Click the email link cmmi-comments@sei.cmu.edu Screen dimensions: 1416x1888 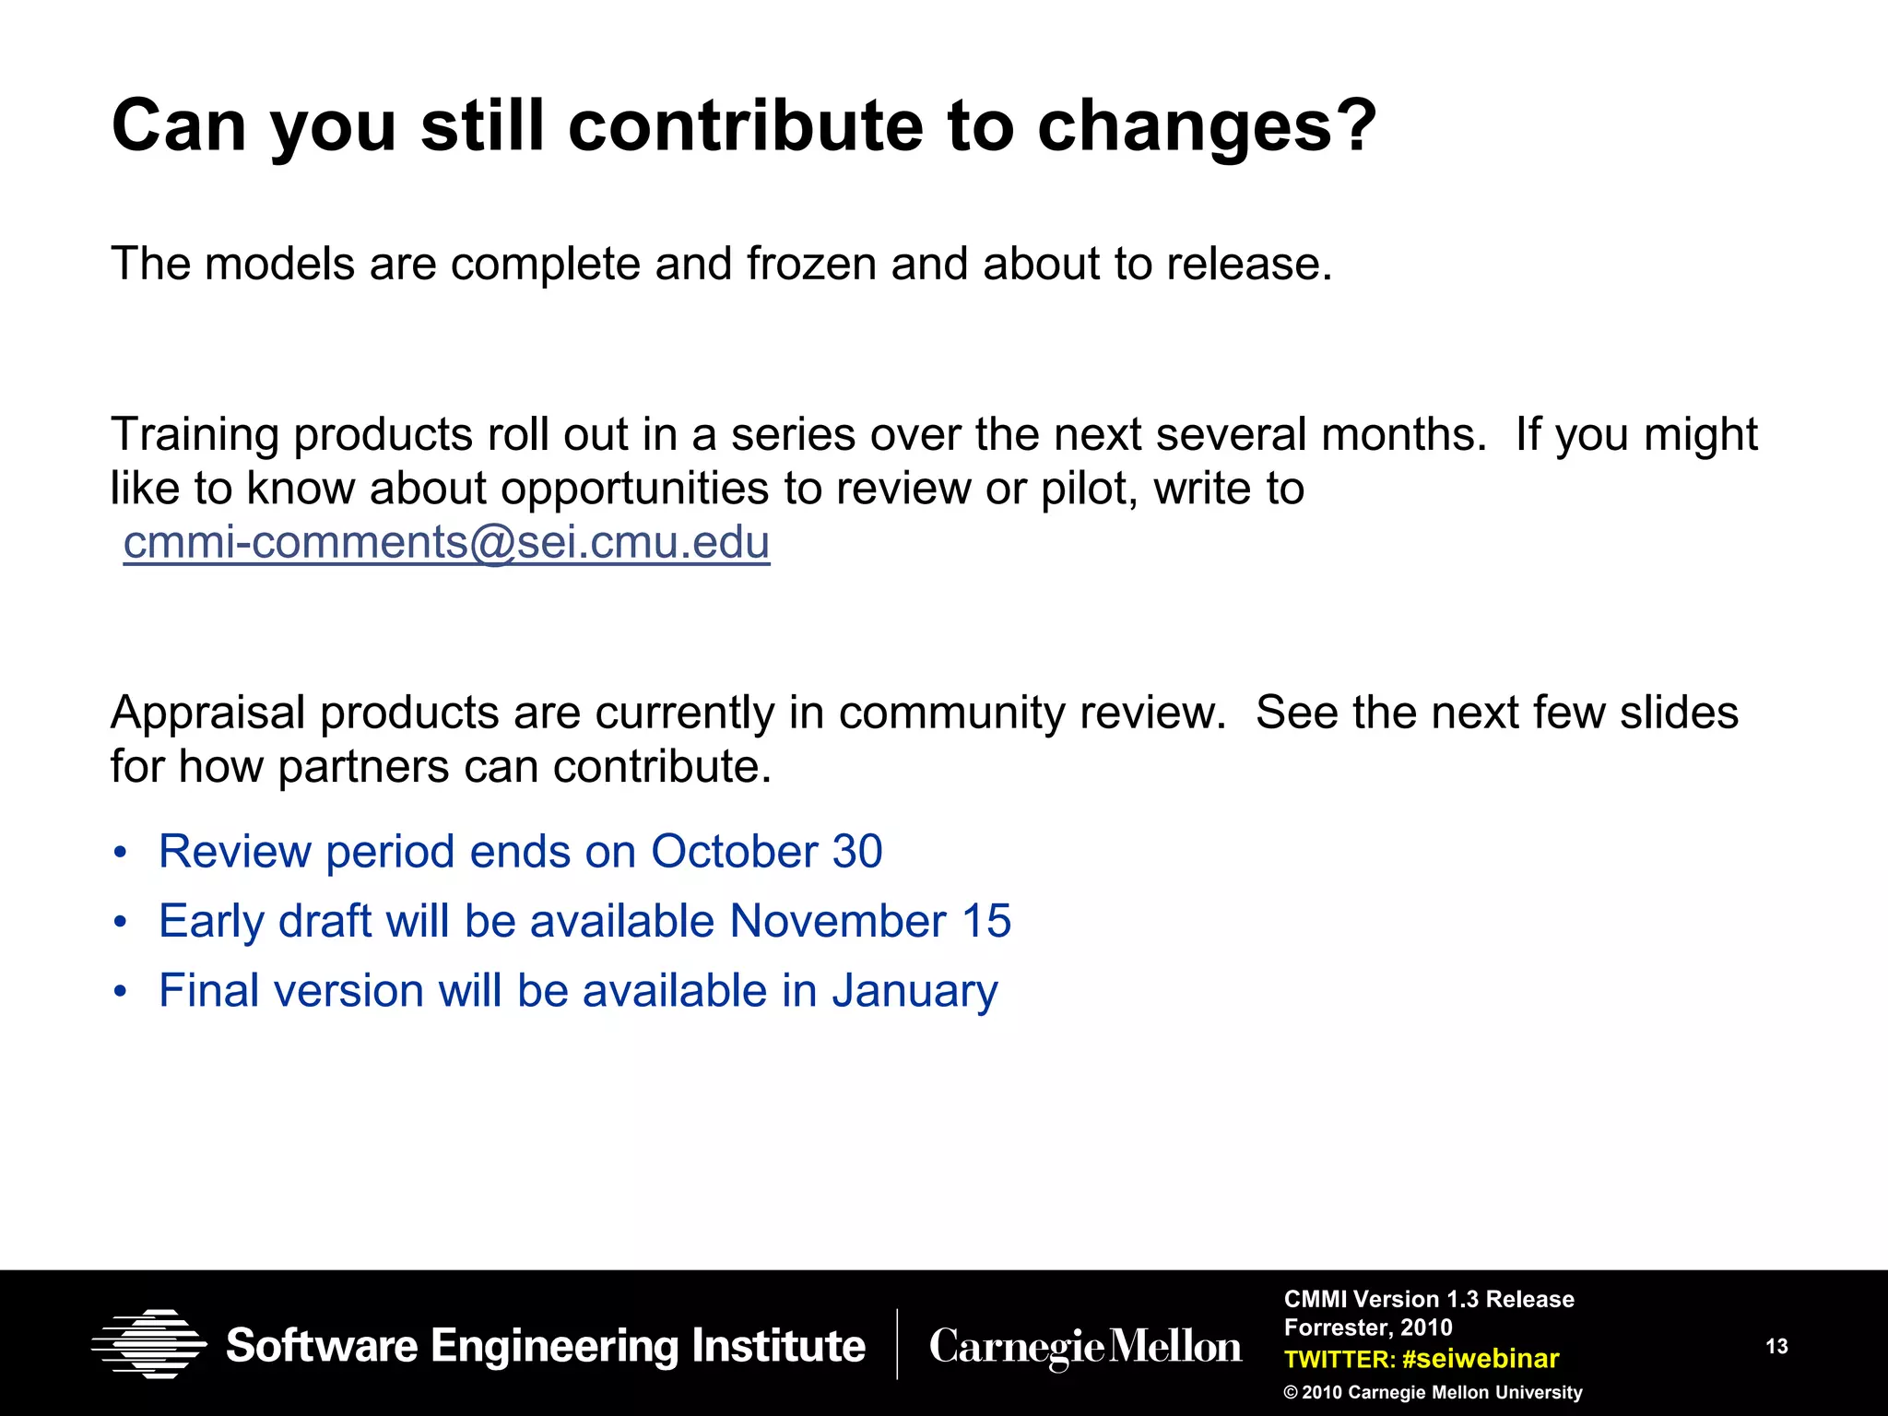pos(446,542)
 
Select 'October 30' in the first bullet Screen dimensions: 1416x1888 pos(766,851)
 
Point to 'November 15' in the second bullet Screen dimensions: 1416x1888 pos(870,921)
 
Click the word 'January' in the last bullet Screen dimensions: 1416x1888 pos(914,991)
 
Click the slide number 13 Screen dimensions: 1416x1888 pos(1776,1347)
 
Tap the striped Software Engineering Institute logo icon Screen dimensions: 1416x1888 pos(149,1344)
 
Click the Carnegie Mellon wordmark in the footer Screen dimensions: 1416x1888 pos(1085,1347)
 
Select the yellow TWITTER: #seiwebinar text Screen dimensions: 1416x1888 pos(1421,1359)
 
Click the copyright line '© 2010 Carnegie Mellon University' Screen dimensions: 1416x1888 pos(1433,1393)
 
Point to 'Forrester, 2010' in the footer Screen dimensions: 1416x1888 pos(1368,1327)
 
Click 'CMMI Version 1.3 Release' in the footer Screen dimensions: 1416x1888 pos(1429,1299)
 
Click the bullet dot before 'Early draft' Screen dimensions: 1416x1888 pos(120,922)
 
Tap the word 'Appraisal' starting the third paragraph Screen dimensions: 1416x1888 pos(207,713)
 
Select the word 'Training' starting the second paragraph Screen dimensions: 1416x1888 pos(194,434)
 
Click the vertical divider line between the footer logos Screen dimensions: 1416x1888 pos(897,1344)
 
